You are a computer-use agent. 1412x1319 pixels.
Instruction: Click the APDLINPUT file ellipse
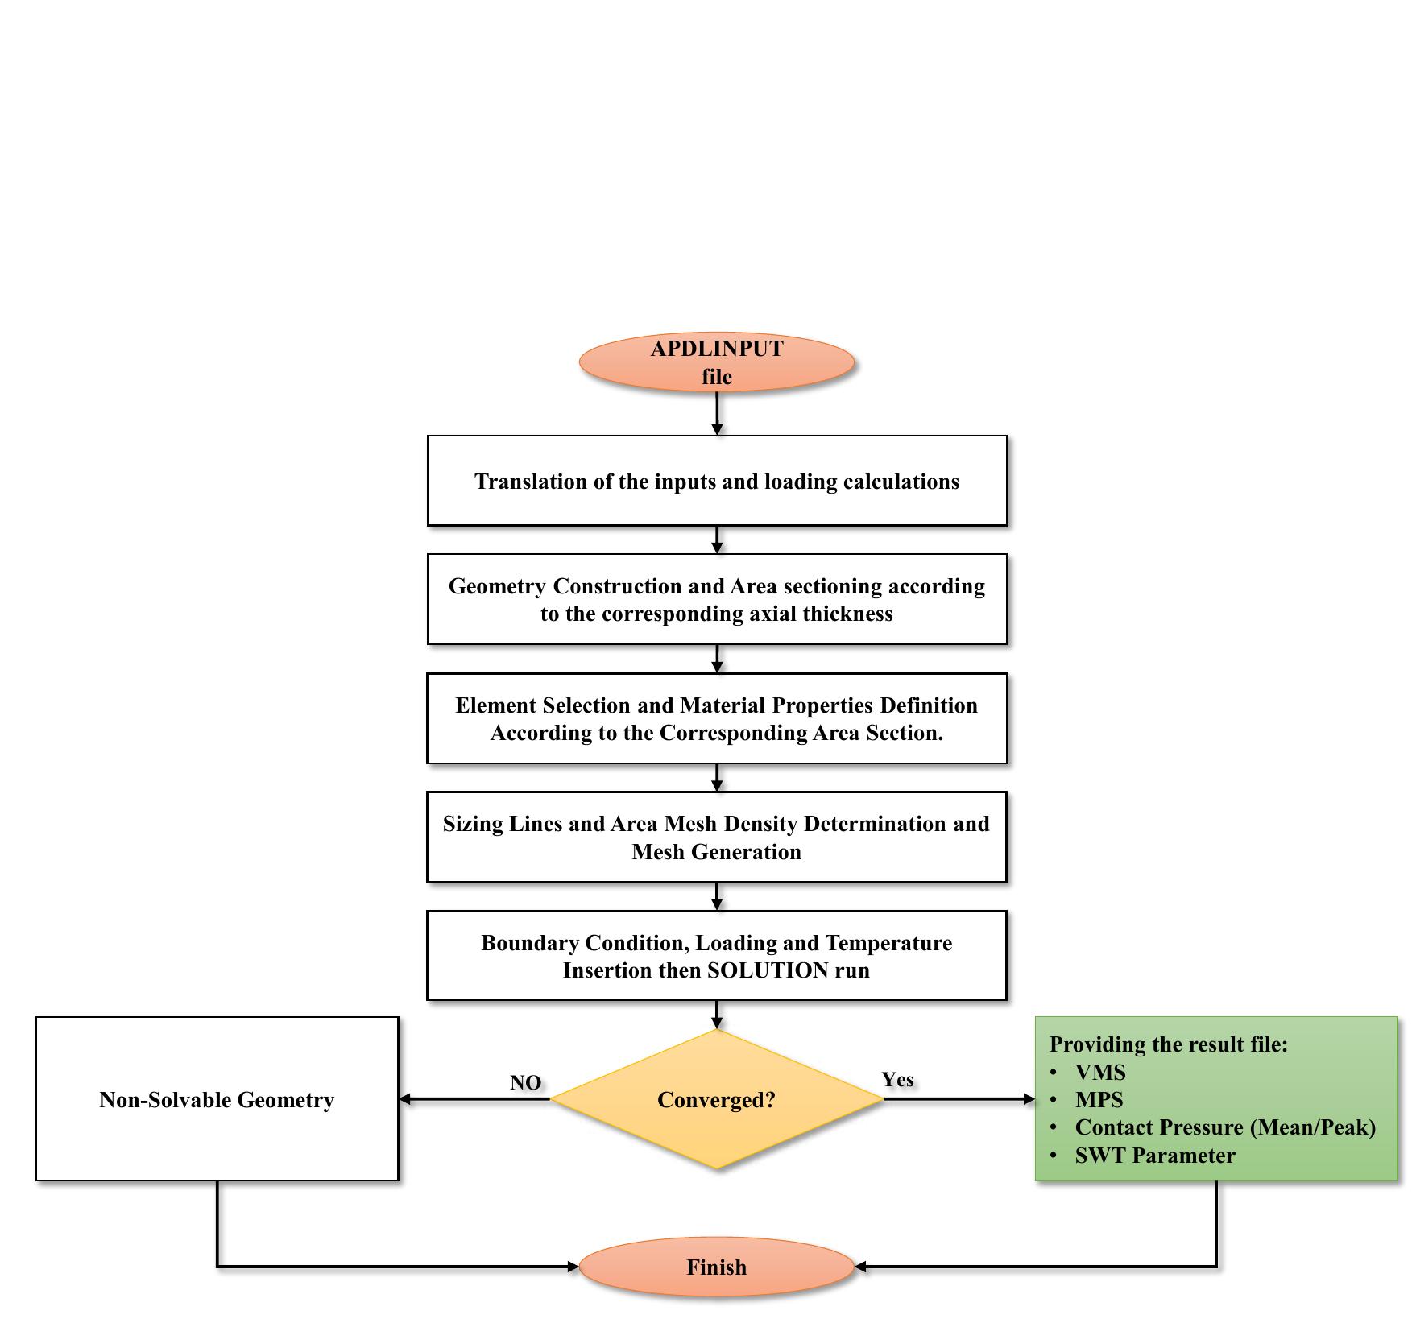(x=716, y=362)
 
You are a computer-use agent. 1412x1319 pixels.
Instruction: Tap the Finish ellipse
(x=716, y=1267)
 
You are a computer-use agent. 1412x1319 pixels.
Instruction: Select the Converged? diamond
(x=716, y=1099)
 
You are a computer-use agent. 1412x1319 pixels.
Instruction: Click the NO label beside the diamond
(x=525, y=1083)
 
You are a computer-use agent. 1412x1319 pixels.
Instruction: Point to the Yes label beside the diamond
(x=897, y=1080)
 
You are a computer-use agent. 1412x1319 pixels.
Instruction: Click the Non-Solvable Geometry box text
(x=217, y=1100)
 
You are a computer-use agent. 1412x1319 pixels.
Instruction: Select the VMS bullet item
(x=1099, y=1073)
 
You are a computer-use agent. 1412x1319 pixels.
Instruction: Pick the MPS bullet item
(x=1099, y=1100)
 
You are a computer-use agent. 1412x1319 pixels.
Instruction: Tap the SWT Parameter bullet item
(x=1154, y=1156)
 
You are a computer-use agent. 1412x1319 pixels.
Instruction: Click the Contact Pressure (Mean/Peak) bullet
(x=1224, y=1127)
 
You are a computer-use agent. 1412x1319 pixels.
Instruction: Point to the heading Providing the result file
(x=1168, y=1044)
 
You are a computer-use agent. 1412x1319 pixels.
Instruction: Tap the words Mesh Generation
(x=716, y=852)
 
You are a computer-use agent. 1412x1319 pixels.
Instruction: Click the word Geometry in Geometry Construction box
(x=497, y=586)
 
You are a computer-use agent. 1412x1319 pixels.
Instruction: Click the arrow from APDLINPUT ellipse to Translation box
(x=716, y=414)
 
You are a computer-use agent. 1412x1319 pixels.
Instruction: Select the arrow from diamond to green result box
(x=959, y=1099)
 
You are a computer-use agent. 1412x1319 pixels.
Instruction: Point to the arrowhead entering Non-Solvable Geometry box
(x=406, y=1099)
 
